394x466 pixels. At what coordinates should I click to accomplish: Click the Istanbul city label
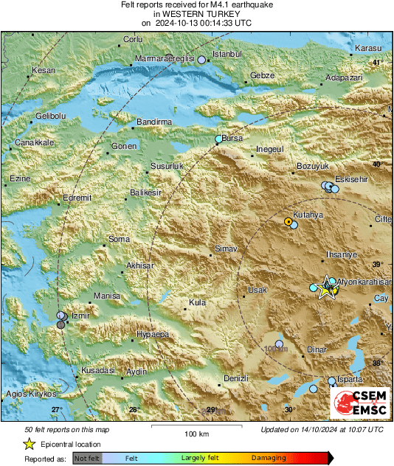[227, 55]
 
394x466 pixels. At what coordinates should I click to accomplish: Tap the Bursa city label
[232, 138]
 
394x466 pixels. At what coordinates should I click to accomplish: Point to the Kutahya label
[308, 214]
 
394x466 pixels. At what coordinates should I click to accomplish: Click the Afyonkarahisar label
[363, 282]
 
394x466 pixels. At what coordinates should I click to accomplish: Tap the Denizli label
[234, 378]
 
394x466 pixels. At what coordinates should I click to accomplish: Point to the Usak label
[257, 290]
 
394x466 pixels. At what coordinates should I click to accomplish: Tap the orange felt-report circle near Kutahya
[288, 221]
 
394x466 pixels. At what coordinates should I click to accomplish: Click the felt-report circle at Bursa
[218, 139]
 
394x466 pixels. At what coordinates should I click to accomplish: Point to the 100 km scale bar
[195, 427]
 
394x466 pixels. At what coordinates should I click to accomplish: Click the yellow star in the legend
[29, 444]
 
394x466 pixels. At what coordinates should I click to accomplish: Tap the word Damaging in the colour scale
[269, 458]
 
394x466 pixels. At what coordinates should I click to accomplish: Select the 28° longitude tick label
[134, 409]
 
